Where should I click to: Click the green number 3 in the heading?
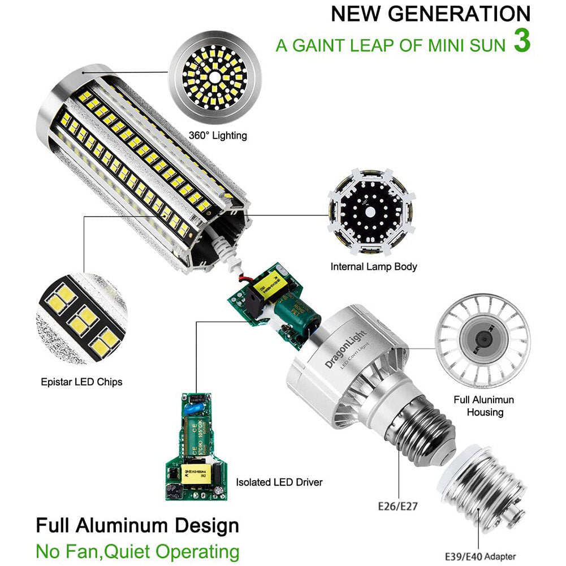coord(521,43)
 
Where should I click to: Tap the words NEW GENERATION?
coord(430,14)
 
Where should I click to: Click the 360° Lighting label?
coord(218,136)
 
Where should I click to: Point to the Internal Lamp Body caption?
coord(373,266)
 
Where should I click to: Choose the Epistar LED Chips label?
coord(81,382)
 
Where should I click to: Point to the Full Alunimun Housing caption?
coord(483,406)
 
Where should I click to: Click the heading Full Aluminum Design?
coord(137,525)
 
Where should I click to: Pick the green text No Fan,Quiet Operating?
coord(137,551)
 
